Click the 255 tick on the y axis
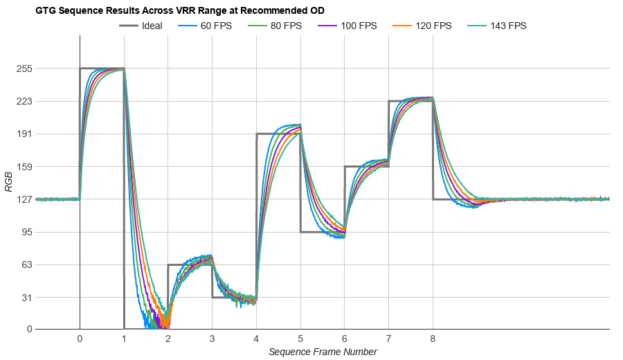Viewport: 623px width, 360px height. point(25,69)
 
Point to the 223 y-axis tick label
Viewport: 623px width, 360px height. point(25,101)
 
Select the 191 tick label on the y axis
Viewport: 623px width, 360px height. point(25,134)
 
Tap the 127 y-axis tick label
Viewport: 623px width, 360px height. point(25,199)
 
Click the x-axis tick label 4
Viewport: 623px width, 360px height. point(256,339)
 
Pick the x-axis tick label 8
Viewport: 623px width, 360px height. point(433,339)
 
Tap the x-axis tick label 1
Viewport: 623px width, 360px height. point(124,339)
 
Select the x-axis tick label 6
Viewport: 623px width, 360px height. point(345,339)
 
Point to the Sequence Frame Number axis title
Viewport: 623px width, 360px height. point(323,352)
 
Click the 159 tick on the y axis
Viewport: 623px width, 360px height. point(25,167)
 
